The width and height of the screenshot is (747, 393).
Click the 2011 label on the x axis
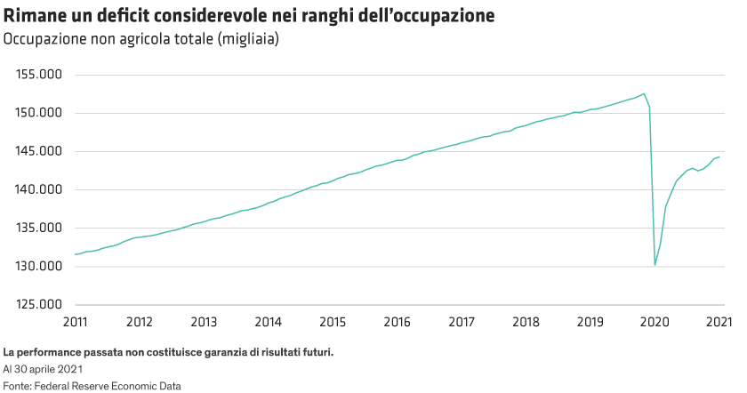[75, 320]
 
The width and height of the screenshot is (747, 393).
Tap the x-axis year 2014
[268, 320]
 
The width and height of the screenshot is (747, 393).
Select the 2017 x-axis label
[462, 320]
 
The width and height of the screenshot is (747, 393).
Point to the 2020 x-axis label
[655, 320]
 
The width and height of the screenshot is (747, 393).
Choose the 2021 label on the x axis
[719, 320]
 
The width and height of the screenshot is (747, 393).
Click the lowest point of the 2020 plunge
[655, 266]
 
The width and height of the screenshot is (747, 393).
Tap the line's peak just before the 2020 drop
[644, 93]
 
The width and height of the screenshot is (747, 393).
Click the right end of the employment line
[719, 156]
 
